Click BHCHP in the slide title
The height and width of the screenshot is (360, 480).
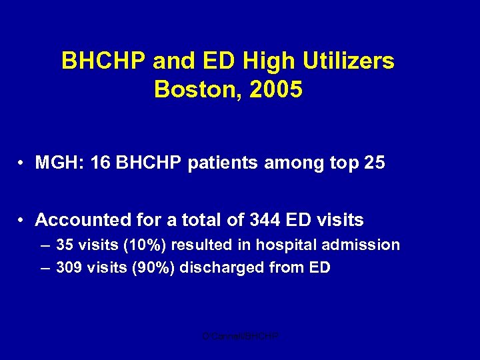104,61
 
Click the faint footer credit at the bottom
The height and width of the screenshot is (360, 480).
240,337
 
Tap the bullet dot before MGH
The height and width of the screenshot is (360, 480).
23,163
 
